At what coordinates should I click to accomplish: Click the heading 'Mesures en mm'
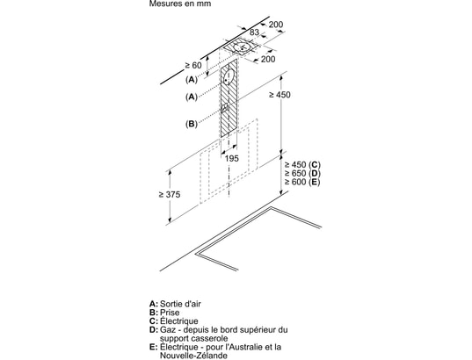coord(179,4)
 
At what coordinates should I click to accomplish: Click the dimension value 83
coord(254,32)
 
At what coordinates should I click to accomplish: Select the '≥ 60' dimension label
coord(193,65)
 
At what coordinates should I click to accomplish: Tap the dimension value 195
coord(231,158)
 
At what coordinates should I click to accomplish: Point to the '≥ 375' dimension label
coord(170,195)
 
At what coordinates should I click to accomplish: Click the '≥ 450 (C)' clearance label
coord(302,165)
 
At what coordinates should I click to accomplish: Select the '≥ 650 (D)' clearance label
coord(302,173)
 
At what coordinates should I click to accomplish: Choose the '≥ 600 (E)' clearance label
coord(302,182)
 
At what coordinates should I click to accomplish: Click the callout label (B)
coord(191,124)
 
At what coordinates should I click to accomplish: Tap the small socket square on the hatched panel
coord(224,108)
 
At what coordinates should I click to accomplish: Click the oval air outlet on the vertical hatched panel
coord(229,77)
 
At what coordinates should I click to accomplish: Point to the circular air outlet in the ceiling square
coord(243,47)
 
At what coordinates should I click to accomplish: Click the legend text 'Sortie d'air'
coord(180,304)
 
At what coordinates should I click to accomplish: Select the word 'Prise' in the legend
coord(170,313)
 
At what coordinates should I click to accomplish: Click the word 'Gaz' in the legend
coord(166,329)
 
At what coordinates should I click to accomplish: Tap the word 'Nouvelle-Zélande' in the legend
coord(193,356)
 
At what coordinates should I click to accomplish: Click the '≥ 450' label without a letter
coord(280,95)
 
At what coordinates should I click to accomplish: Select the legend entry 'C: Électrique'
coord(174,320)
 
